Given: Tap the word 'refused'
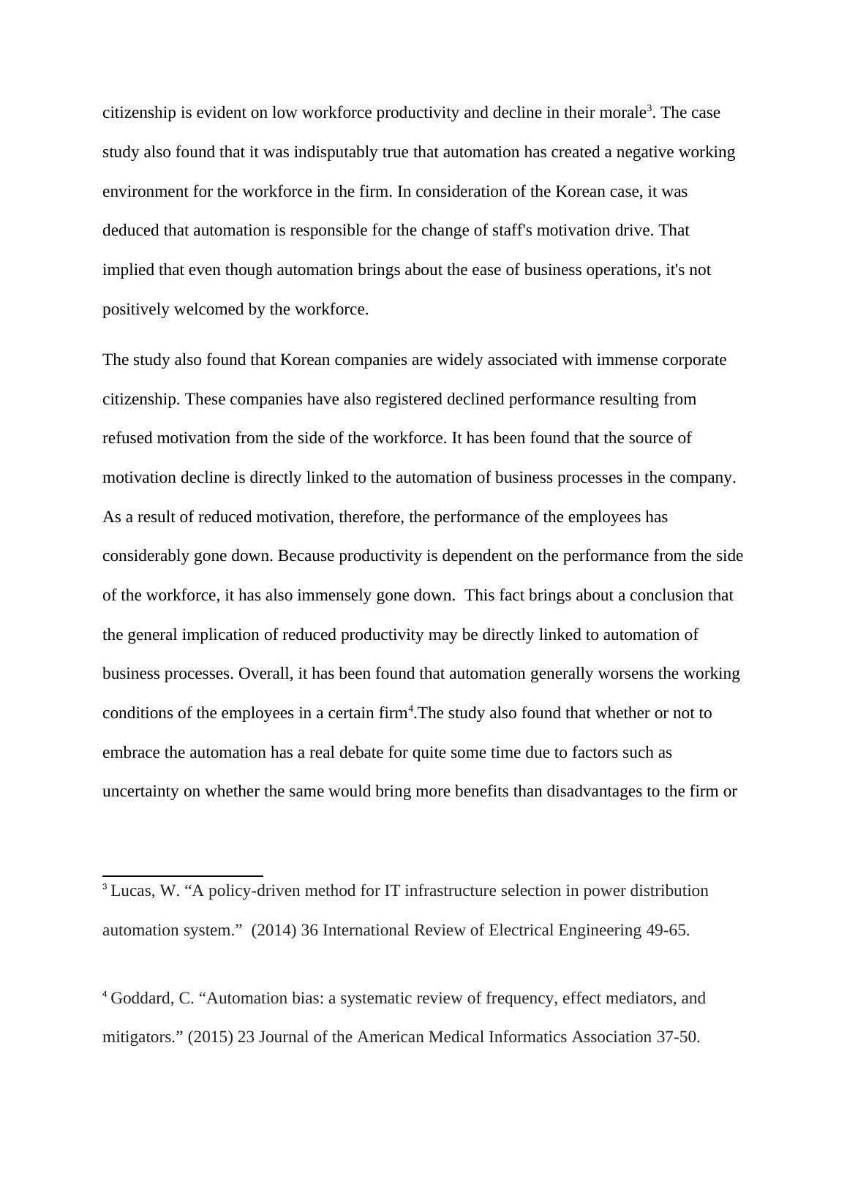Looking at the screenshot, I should point(128,438).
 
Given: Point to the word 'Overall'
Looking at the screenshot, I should point(264,674).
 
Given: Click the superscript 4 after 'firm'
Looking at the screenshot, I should point(411,709).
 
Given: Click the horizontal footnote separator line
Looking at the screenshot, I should point(183,875).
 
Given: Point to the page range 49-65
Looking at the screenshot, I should point(666,930).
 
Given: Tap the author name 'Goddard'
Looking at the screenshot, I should point(143,998).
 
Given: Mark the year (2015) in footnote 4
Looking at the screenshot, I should point(211,1037).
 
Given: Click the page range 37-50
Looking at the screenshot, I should point(677,1037).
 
